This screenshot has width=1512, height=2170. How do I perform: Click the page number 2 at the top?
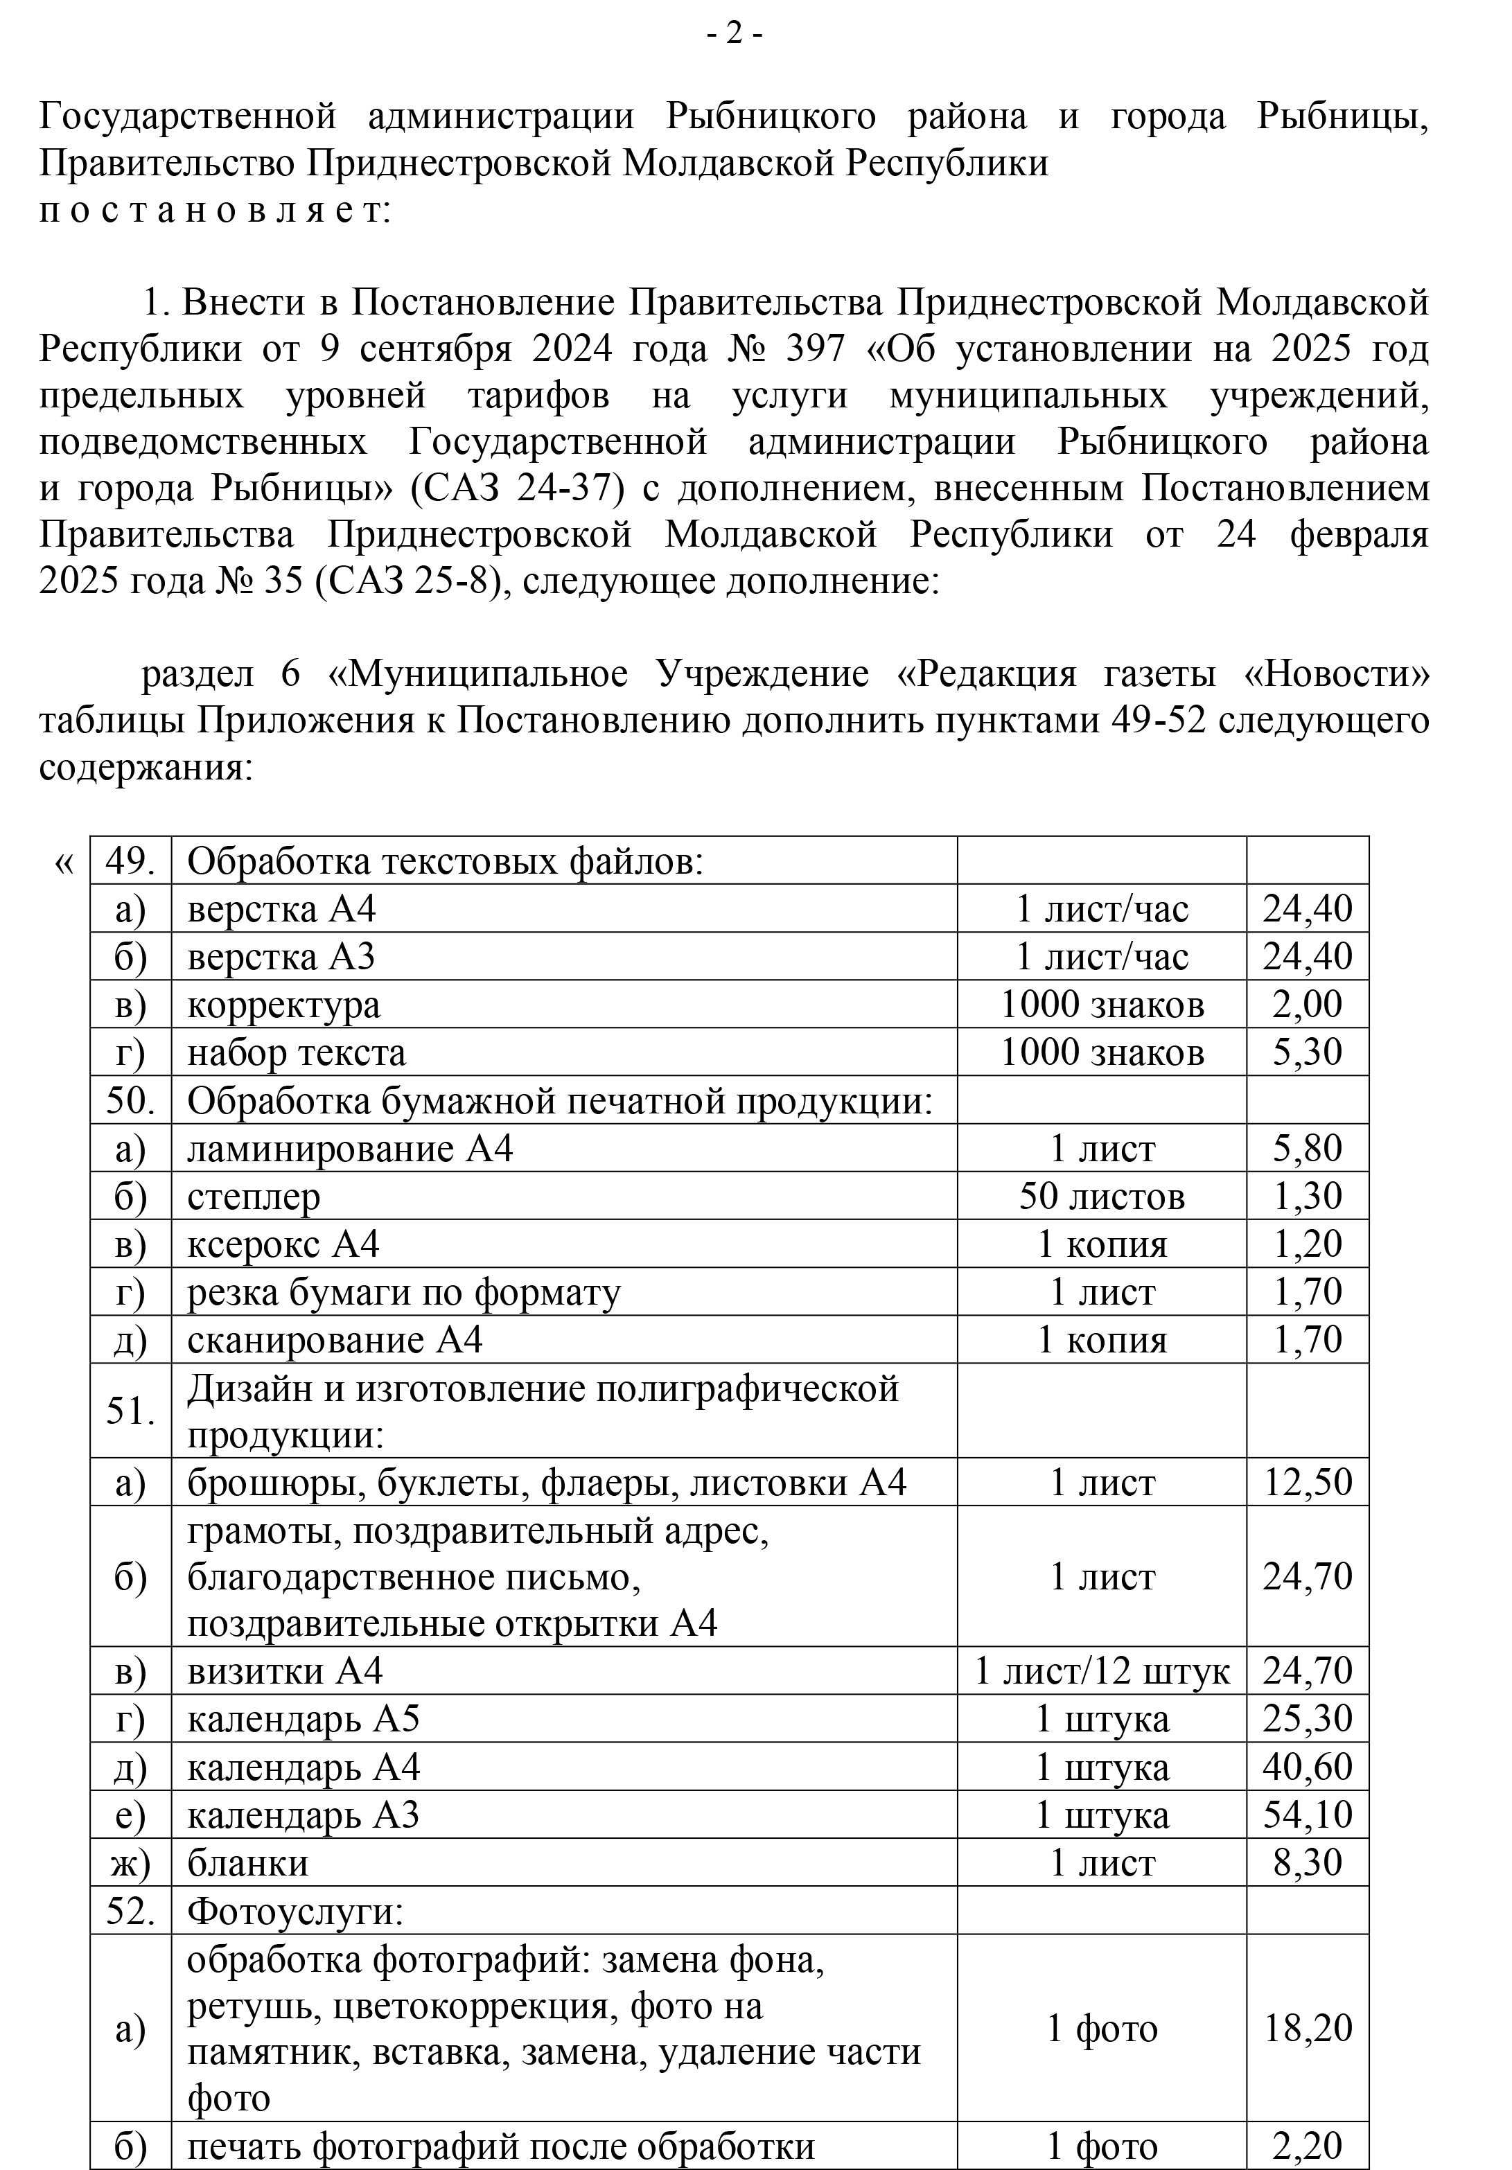tap(735, 35)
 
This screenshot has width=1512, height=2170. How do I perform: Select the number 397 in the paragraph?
tap(815, 350)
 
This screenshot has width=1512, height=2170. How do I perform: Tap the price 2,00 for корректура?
tap(1307, 1004)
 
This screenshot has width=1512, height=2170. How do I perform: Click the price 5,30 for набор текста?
tap(1307, 1052)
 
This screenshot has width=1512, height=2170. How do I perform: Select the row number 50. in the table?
tap(130, 1100)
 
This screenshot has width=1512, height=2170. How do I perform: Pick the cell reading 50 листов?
tap(1101, 1197)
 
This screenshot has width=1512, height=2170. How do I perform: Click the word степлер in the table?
tap(253, 1197)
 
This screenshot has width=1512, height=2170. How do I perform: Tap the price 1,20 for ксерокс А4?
tap(1307, 1244)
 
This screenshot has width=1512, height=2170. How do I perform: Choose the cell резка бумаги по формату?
tap(403, 1292)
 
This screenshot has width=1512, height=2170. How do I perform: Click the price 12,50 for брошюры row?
tap(1307, 1482)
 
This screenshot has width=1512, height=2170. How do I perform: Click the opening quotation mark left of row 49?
tap(63, 862)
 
